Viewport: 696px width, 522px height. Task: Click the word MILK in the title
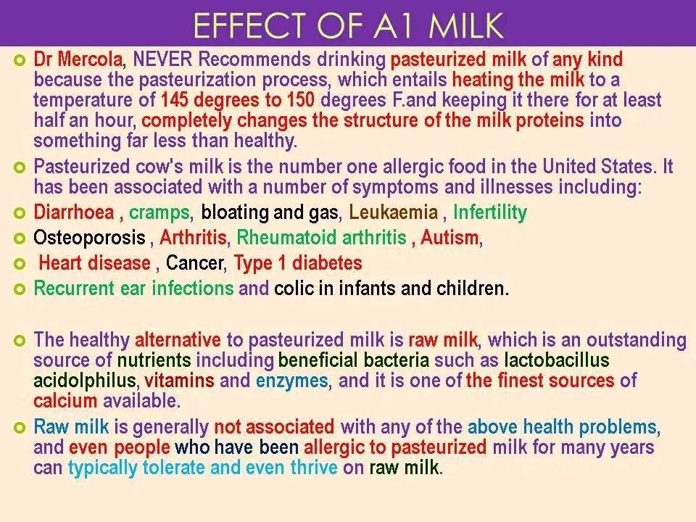465,25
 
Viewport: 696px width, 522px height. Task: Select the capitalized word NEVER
162,59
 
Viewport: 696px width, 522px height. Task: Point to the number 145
175,100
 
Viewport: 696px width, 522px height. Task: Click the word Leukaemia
393,212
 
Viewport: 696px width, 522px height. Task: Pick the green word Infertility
489,212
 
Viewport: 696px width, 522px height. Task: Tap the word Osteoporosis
90,238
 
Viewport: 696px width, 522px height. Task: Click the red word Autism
449,238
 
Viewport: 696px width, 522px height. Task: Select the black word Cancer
194,263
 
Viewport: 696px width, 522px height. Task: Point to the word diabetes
327,262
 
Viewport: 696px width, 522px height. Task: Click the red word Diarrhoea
74,212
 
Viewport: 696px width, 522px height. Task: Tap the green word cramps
159,213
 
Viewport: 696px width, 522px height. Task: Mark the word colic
294,289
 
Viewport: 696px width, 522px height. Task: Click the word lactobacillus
557,360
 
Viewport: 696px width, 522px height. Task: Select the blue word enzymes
291,381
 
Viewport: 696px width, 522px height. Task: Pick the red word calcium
65,401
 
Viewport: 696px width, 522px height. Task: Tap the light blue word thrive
314,468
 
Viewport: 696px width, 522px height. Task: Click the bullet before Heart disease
20,264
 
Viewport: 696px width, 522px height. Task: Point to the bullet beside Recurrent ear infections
20,289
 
